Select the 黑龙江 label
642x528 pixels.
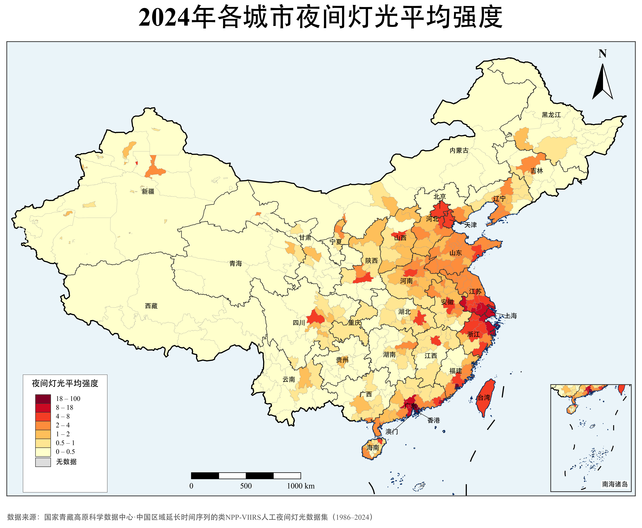point(551,115)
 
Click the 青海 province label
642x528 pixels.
point(236,263)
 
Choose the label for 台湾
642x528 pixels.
point(484,397)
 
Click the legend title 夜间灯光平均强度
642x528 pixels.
point(65,383)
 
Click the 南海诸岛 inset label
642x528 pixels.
point(615,484)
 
